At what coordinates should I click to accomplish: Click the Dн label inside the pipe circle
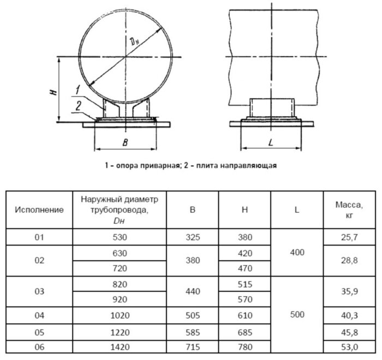(135, 41)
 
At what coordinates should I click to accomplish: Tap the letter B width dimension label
(125, 142)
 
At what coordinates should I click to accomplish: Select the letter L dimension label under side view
(271, 142)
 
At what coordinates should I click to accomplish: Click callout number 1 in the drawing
(77, 89)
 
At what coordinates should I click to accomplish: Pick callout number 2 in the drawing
(78, 106)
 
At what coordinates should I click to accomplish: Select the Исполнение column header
(39, 209)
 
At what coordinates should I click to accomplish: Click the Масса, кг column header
(349, 210)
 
